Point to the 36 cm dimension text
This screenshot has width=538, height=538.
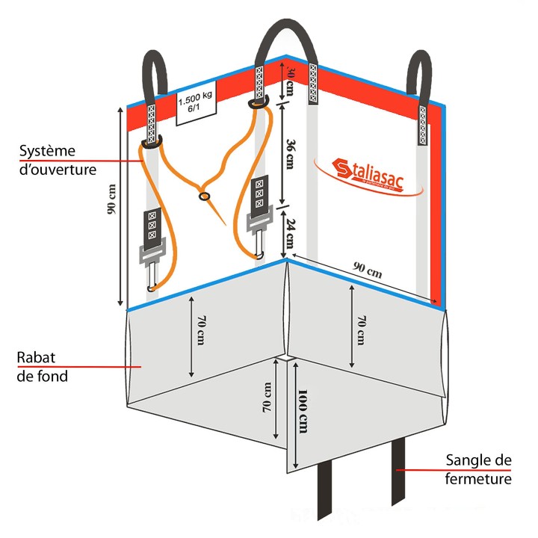pyautogui.click(x=291, y=155)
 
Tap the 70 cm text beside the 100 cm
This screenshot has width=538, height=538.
pyautogui.click(x=267, y=400)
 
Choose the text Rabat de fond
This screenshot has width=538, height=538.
pyautogui.click(x=42, y=367)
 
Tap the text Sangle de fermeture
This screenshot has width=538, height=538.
pyautogui.click(x=478, y=469)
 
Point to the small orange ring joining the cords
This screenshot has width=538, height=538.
pyautogui.click(x=204, y=197)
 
